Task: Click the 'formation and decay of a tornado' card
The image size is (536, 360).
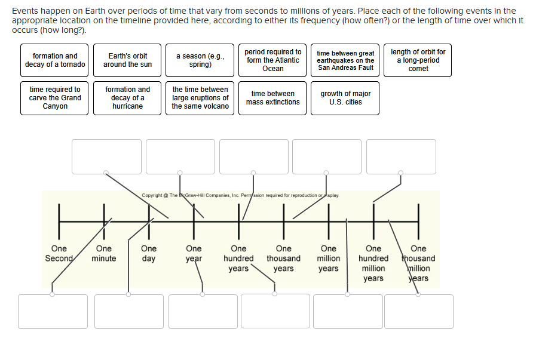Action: (54, 60)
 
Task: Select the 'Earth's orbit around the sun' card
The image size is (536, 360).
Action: (127, 60)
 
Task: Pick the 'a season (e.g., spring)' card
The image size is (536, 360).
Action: (200, 60)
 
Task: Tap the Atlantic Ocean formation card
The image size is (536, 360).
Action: (272, 60)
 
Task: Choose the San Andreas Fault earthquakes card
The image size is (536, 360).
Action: (345, 60)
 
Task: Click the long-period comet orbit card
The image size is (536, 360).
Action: (418, 60)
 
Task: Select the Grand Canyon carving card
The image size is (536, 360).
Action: (54, 98)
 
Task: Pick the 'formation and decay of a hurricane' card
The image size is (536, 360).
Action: (127, 98)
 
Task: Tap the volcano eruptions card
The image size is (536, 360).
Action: (200, 98)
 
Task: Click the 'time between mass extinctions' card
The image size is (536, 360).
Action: (272, 98)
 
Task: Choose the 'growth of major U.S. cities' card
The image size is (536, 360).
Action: (345, 98)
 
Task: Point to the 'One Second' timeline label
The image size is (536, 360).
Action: (59, 254)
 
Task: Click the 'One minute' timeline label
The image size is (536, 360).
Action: (103, 254)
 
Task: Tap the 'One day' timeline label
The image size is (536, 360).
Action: (149, 254)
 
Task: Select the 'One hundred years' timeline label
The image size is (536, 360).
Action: (238, 259)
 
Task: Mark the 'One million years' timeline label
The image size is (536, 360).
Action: (329, 259)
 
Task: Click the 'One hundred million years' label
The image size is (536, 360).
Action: (373, 263)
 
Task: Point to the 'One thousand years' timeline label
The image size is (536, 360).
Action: (283, 259)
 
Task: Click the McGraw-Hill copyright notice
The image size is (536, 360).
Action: (240, 195)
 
